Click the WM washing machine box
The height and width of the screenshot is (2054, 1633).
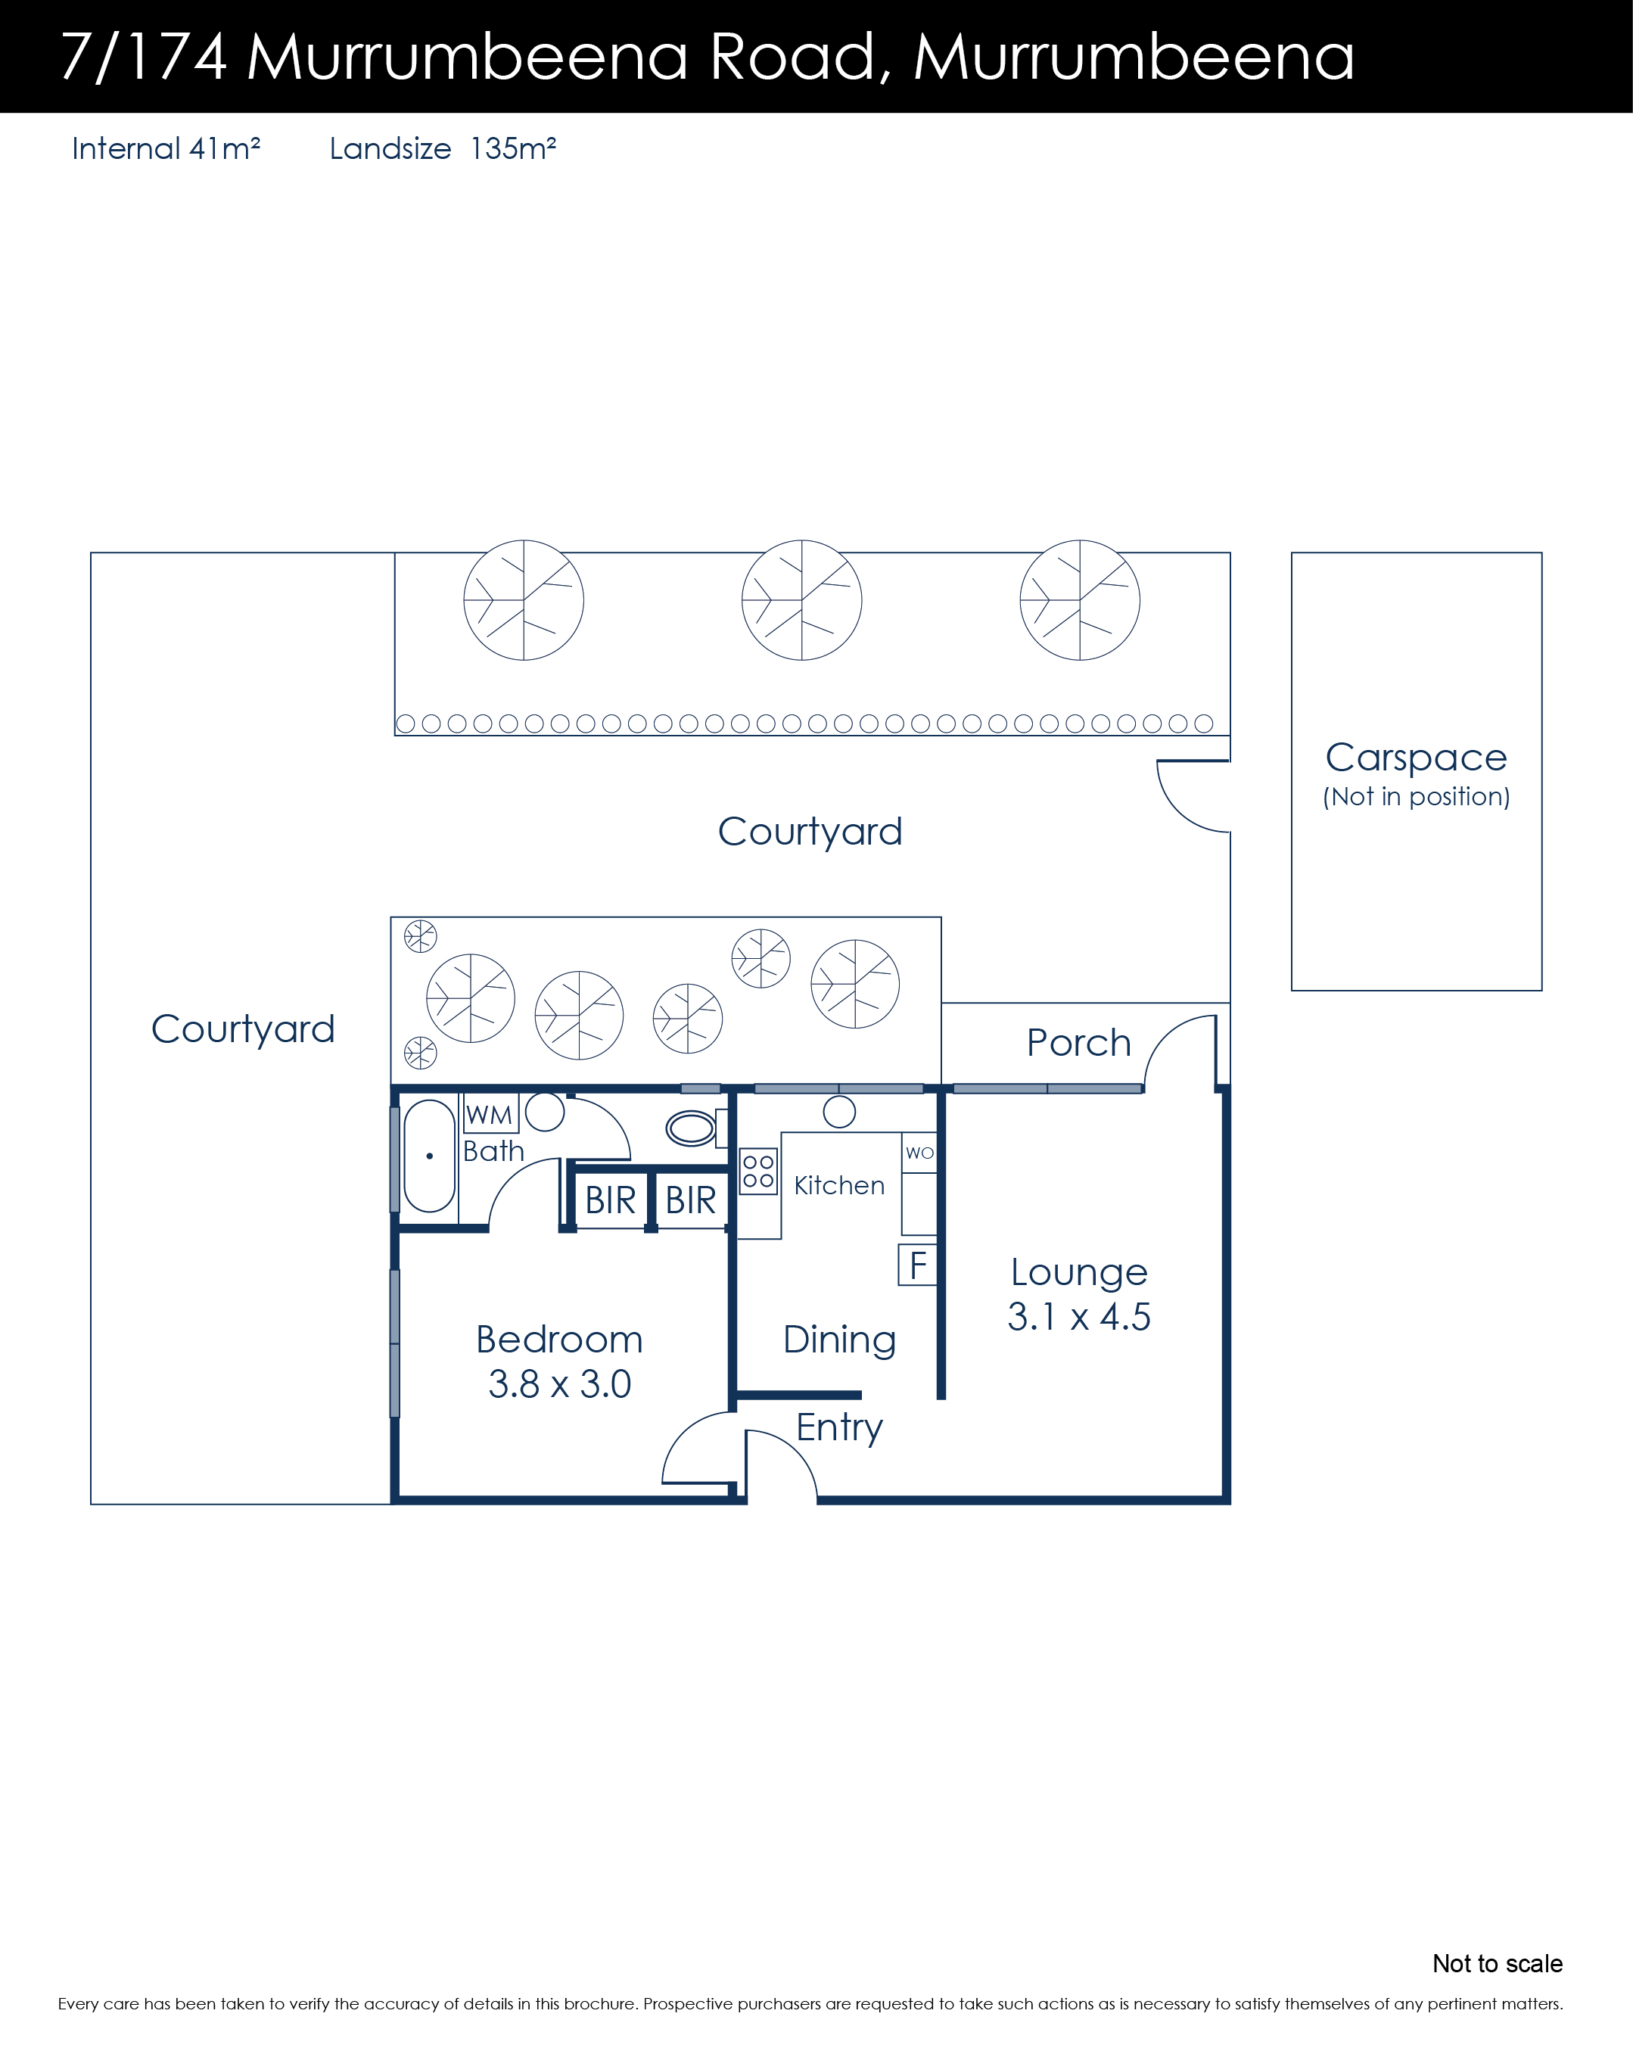point(490,1114)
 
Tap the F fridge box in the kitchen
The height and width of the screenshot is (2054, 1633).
point(917,1265)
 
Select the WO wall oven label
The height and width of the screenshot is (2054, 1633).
point(919,1153)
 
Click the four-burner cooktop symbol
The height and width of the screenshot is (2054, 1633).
point(758,1172)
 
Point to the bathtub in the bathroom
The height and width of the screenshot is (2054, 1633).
point(430,1156)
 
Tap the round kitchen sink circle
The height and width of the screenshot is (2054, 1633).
point(839,1111)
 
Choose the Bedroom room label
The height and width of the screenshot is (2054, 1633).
point(559,1340)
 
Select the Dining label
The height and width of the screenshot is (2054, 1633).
point(839,1340)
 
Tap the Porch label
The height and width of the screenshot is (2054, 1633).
point(1078,1043)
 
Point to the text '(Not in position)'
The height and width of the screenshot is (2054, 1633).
point(1417,796)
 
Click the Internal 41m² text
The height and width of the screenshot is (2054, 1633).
point(166,148)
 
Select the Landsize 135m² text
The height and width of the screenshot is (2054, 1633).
point(443,148)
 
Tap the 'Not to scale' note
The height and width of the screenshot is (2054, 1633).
point(1497,1963)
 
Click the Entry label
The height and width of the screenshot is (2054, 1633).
point(839,1428)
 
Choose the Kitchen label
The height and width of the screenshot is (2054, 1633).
point(839,1185)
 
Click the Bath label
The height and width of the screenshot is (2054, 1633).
point(493,1151)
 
